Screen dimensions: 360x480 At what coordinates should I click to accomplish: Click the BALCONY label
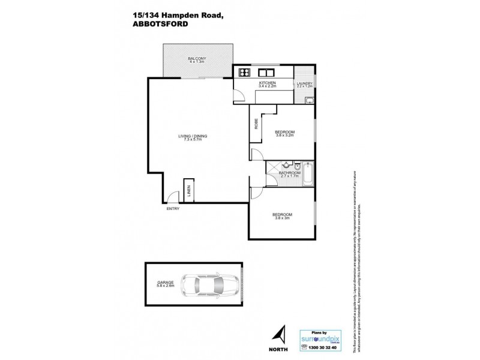(x=197, y=58)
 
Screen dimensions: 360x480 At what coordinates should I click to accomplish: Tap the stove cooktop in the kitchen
(x=244, y=73)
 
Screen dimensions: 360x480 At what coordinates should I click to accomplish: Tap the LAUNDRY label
(x=305, y=83)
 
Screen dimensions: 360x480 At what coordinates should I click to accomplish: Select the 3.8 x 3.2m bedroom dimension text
(x=284, y=136)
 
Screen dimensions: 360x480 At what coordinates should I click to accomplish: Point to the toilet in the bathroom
(x=287, y=165)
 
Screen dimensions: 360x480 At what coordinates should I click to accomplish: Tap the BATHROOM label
(x=289, y=173)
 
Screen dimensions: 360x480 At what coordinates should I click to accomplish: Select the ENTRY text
(x=173, y=208)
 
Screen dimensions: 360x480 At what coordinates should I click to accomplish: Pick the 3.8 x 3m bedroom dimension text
(x=282, y=218)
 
